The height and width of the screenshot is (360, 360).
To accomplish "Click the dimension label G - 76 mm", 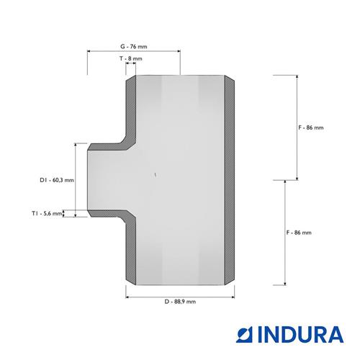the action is click(134, 47).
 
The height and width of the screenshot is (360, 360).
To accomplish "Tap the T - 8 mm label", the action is click(131, 58).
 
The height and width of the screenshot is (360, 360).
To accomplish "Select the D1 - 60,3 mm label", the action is click(57, 180).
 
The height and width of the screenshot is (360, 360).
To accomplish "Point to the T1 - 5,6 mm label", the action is click(47, 213).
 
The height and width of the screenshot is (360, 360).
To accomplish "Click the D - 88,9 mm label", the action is click(180, 302).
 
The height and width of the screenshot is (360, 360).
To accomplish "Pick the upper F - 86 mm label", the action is click(311, 127).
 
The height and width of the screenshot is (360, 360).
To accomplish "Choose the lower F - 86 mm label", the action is click(299, 233).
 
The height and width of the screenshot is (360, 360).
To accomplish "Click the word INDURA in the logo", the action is click(301, 334).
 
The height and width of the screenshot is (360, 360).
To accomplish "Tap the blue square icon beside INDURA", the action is click(246, 334).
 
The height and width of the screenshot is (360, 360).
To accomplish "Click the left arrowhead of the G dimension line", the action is click(89, 51).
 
